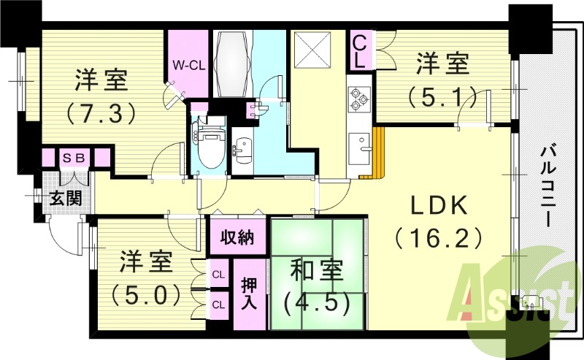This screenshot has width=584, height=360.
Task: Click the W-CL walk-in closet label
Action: coord(188,65)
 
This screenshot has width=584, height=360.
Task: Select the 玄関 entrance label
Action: coord(66,197)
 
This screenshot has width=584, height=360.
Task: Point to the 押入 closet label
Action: coord(248,292)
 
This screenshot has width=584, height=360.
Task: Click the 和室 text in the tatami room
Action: coord(316,270)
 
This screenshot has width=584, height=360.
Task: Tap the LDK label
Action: coord(438,207)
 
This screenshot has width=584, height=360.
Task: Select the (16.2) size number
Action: coord(438,238)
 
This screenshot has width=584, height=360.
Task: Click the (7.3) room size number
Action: coord(102,113)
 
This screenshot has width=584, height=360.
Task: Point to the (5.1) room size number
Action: coord(443,96)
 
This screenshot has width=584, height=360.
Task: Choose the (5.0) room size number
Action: coord(146,294)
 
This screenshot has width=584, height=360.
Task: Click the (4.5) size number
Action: coord(316,302)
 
